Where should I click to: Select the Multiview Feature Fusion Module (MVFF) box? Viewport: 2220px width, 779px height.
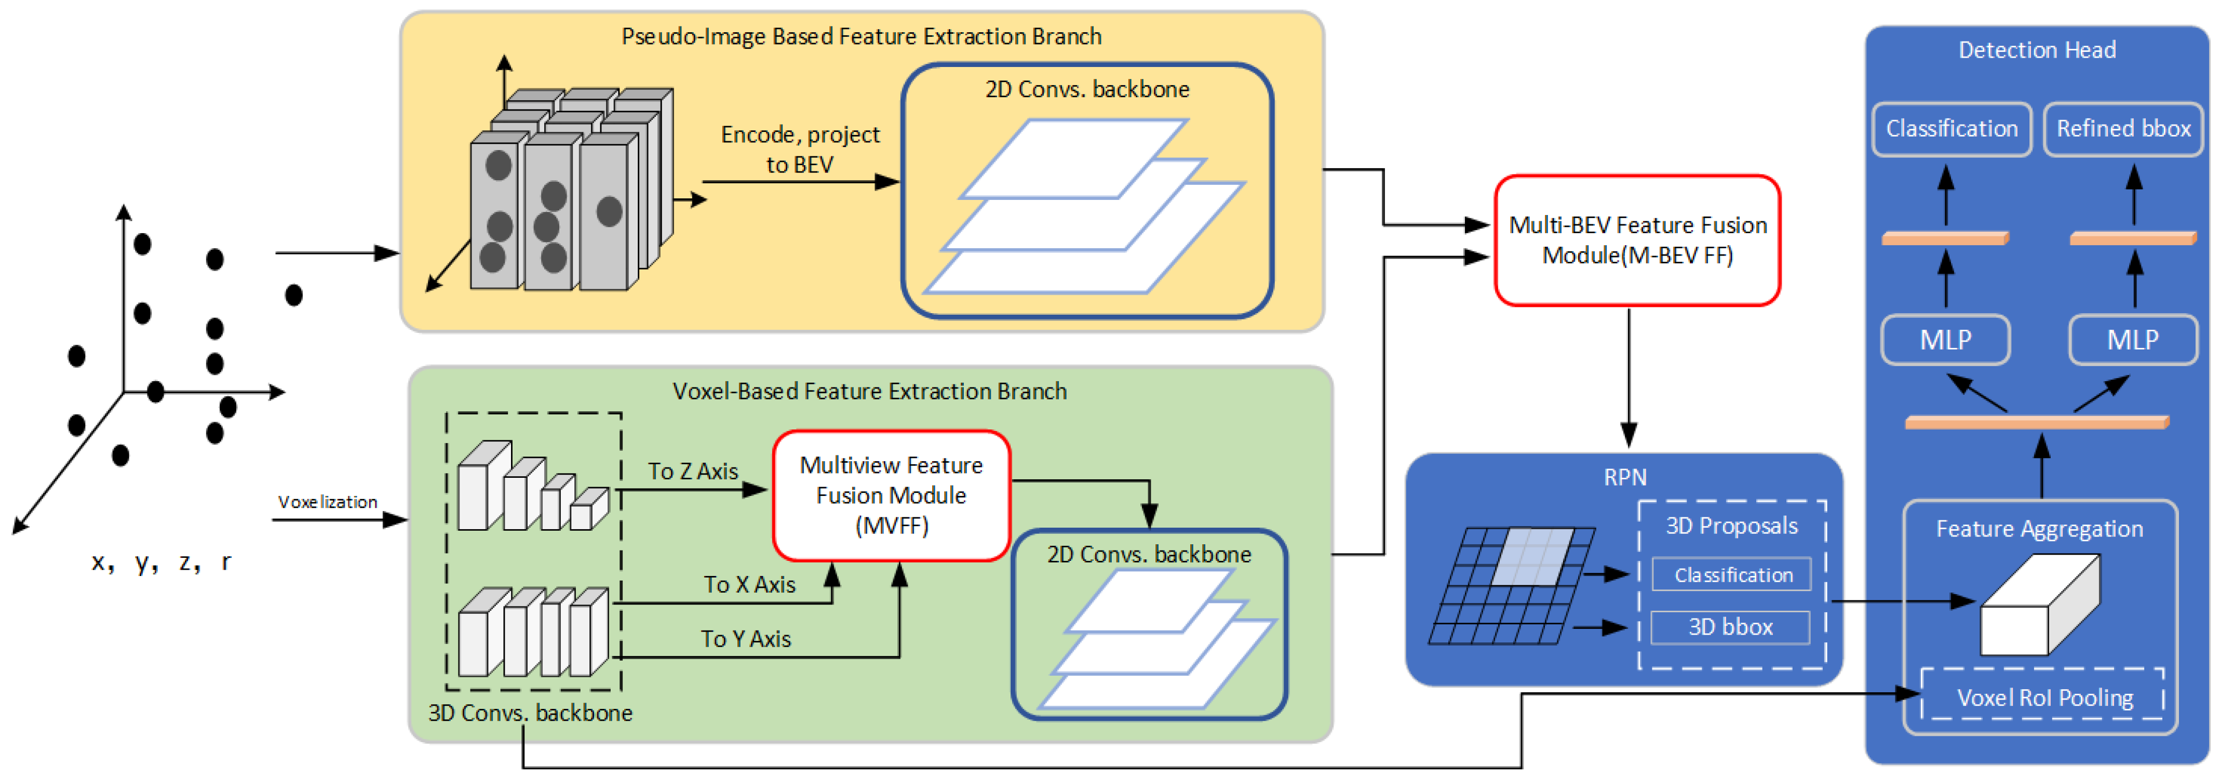click(x=891, y=495)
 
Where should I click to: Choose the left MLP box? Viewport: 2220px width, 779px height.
click(x=1945, y=340)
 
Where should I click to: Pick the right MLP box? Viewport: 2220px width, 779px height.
click(x=2132, y=340)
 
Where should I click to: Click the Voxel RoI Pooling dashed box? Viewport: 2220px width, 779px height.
click(x=2043, y=697)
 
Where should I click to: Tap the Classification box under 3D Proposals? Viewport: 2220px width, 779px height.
click(x=1732, y=575)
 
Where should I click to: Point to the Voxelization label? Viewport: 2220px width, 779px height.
click(x=328, y=502)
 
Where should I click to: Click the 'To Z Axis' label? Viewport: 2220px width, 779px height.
click(x=693, y=472)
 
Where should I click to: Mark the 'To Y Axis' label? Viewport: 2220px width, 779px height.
click(x=746, y=639)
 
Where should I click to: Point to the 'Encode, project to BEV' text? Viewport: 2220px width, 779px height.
click(x=800, y=149)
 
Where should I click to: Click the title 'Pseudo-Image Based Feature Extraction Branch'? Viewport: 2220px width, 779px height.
click(x=861, y=36)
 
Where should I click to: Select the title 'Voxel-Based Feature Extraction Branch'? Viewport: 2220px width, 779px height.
click(x=869, y=391)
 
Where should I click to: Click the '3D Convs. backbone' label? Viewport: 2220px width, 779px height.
click(x=530, y=713)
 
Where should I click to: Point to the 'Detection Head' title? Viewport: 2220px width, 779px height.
click(x=2037, y=50)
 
